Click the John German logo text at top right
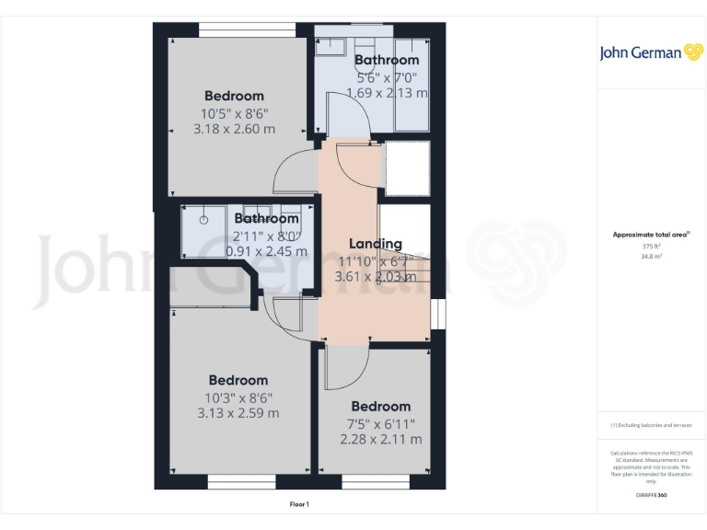point(641,52)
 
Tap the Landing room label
point(376,244)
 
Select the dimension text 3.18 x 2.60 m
point(234,129)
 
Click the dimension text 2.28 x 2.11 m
point(381,439)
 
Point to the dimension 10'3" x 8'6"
point(238,397)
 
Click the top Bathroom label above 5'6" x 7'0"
point(387,61)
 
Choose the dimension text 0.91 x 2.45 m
point(266,250)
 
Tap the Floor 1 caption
point(299,504)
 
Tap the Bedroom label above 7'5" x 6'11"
point(380,407)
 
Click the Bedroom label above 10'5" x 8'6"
point(234,96)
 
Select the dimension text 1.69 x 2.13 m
point(387,92)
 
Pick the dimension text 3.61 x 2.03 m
point(376,275)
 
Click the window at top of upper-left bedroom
point(240,32)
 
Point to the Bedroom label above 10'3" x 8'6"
point(238,380)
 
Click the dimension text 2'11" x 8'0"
point(266,235)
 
